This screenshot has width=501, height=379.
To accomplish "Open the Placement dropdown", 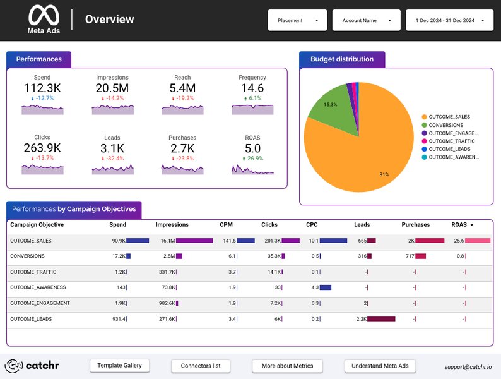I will (x=297, y=20).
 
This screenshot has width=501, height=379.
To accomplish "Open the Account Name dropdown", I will (x=366, y=20).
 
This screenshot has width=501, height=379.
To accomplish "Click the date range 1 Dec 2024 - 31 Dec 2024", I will (x=449, y=20).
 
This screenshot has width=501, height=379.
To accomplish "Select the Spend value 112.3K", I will (x=42, y=88).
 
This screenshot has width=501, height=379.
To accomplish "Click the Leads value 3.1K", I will (x=112, y=148).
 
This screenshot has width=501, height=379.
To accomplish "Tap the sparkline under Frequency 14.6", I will (x=252, y=109).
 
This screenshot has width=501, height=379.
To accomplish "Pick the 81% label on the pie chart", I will (x=384, y=174).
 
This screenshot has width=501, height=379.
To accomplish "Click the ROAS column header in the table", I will (x=459, y=224).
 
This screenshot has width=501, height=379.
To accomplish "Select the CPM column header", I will (x=227, y=224).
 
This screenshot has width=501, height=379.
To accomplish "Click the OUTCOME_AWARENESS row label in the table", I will (x=38, y=287).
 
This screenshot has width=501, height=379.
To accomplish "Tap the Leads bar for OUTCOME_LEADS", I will (x=381, y=319).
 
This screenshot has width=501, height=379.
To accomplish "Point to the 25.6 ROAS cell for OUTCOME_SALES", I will (x=459, y=240).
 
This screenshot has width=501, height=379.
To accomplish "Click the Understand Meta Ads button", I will (x=380, y=366).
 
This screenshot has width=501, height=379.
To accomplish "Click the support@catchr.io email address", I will (x=467, y=366).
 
